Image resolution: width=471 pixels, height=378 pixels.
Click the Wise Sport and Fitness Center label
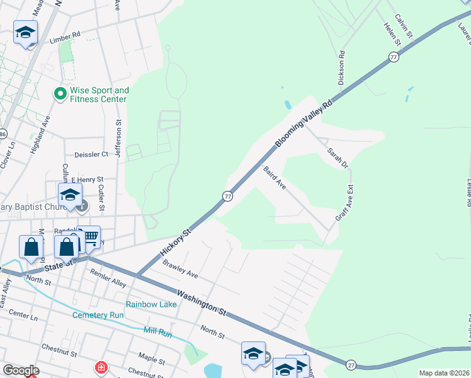[99, 94]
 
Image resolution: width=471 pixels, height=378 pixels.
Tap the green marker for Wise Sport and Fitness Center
[60, 94]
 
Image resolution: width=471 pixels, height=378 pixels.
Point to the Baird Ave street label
[275, 177]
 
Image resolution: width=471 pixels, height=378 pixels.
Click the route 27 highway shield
[351, 364]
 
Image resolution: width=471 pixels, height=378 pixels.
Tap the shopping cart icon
[91, 237]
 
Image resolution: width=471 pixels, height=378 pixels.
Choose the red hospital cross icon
[100, 367]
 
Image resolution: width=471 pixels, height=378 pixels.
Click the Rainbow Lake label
[151, 304]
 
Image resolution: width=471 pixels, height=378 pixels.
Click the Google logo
[21, 370]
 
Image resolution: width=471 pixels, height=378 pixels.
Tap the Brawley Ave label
[180, 270]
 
